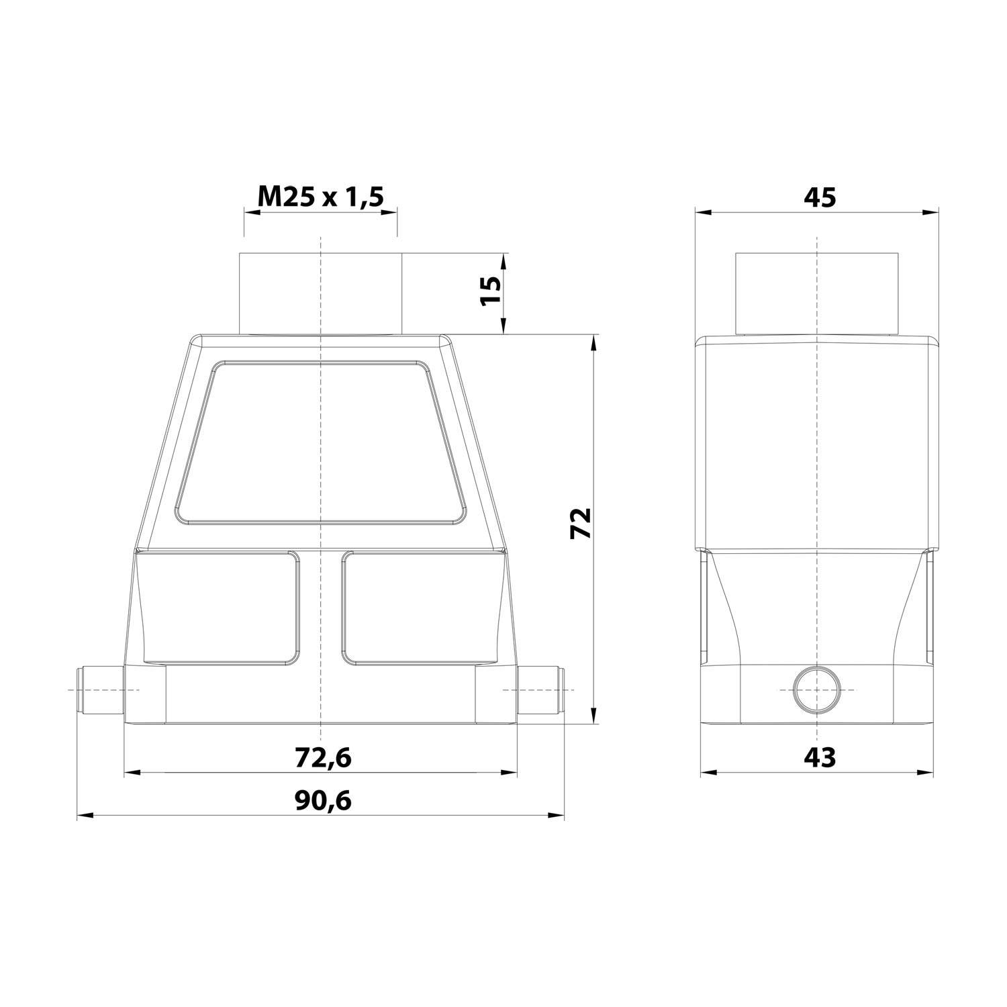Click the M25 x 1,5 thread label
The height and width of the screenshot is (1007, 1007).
point(320,197)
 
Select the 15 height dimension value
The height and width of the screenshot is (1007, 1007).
point(491,291)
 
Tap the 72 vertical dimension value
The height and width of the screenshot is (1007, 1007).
point(580,523)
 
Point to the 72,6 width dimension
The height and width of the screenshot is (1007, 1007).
point(323,757)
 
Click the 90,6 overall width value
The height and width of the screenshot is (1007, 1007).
point(323,800)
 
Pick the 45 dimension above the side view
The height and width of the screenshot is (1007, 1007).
point(819,197)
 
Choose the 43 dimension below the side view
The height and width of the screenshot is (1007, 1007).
point(819,757)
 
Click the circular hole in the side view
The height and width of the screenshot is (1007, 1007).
point(816,690)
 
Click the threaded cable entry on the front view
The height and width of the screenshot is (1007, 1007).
point(321,293)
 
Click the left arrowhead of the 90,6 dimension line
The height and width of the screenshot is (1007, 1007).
point(85,816)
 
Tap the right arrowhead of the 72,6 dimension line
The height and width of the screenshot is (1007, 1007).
point(510,773)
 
